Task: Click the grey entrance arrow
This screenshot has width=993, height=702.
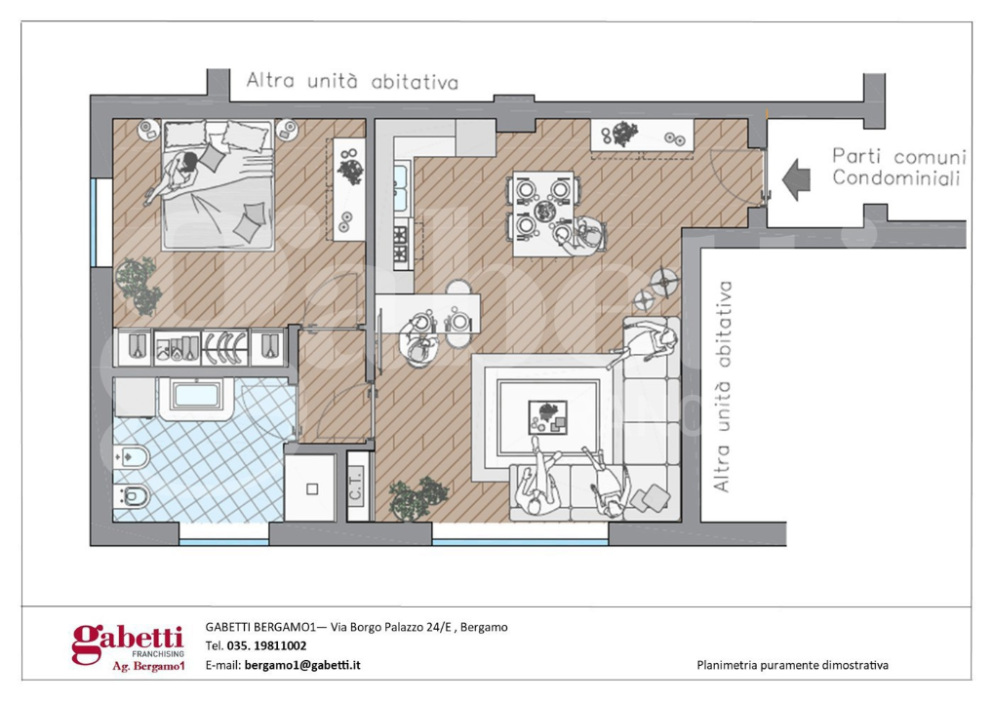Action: (x=797, y=180)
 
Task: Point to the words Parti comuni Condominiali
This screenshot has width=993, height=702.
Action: (x=898, y=167)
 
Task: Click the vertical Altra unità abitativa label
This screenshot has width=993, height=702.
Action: (x=723, y=386)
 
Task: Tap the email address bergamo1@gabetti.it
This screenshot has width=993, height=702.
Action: (x=302, y=664)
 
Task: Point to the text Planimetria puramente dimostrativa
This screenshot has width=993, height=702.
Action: (x=792, y=665)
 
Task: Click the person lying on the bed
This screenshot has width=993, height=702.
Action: (x=178, y=175)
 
